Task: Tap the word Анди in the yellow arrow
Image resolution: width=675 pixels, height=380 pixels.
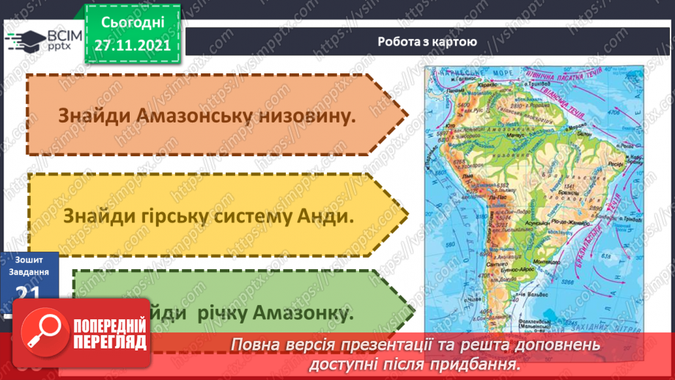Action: [x=324, y=217]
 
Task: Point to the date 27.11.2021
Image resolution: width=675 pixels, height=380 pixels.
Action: [x=132, y=44]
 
